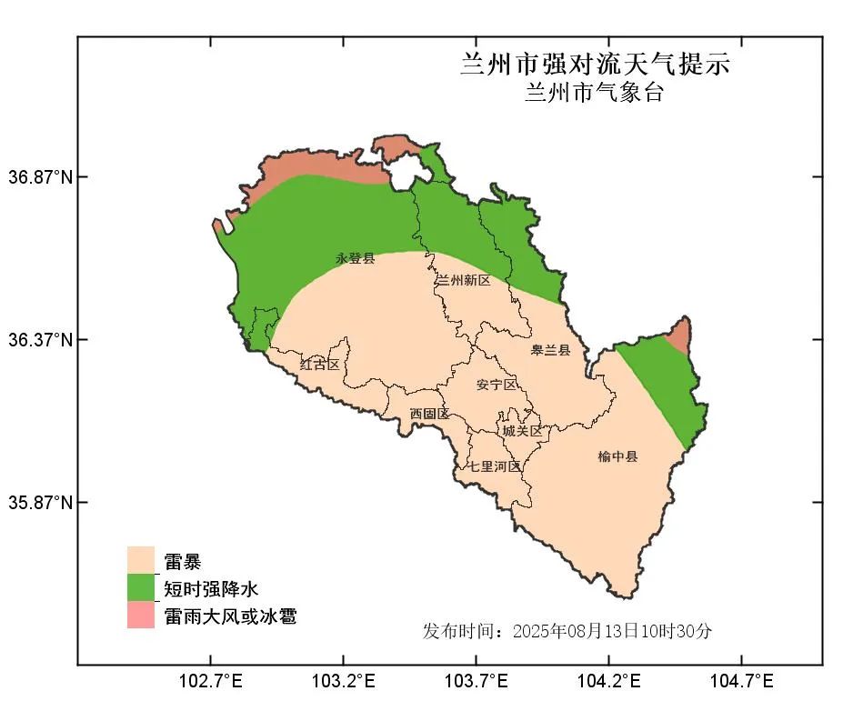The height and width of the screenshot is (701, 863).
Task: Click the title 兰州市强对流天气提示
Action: click(595, 65)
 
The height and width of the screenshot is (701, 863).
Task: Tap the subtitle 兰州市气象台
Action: click(594, 93)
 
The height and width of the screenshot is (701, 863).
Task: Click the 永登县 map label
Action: click(356, 259)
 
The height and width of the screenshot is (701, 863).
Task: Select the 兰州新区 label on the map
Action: click(463, 280)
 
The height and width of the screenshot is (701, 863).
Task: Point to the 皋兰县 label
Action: click(551, 349)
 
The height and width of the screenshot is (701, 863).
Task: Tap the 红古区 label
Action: click(319, 364)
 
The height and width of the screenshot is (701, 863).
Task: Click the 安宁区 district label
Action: click(497, 385)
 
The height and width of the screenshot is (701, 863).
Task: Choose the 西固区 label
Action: click(429, 414)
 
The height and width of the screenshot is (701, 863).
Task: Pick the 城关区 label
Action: click(522, 430)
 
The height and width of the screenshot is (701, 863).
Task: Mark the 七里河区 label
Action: click(495, 466)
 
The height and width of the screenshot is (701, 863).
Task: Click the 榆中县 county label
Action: click(617, 456)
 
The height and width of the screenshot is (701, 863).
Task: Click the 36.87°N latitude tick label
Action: click(41, 176)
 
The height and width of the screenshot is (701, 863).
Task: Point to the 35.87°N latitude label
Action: click(41, 503)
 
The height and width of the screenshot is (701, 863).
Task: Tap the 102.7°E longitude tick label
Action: click(210, 681)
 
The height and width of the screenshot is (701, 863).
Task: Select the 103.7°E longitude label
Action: click(476, 681)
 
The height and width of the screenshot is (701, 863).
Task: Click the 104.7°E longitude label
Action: click(741, 681)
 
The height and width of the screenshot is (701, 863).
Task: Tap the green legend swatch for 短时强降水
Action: click(141, 587)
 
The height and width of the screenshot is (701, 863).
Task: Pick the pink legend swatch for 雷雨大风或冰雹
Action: click(141, 615)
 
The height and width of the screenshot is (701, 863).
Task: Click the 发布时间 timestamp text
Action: click(567, 631)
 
